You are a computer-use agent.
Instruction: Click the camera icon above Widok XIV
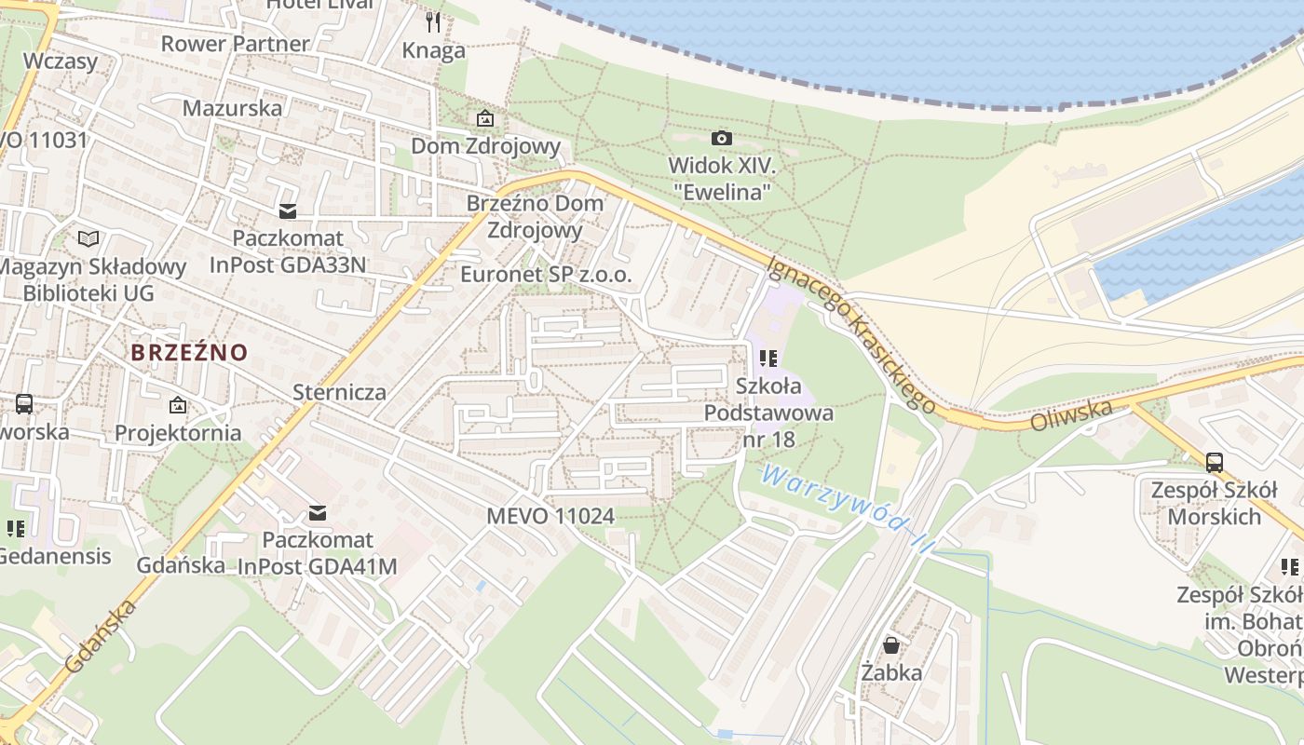click(721, 139)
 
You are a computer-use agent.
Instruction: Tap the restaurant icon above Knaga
click(433, 21)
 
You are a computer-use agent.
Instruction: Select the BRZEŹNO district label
click(189, 353)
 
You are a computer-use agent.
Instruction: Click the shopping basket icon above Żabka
click(891, 644)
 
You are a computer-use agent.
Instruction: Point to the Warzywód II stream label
click(846, 510)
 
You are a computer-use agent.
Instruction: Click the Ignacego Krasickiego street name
click(849, 333)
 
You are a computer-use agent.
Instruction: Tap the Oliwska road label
click(1071, 415)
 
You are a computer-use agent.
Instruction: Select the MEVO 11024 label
click(550, 515)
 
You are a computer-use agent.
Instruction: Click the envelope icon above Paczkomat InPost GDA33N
click(288, 211)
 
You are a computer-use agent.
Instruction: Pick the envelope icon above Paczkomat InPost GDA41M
click(318, 512)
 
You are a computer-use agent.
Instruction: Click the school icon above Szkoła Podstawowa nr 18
click(768, 359)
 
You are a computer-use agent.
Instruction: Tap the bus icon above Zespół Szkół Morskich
click(1214, 462)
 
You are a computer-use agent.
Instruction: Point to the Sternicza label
click(339, 392)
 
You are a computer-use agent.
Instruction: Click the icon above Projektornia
click(178, 405)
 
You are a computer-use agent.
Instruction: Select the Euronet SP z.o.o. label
click(546, 275)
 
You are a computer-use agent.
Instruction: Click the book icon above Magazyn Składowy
click(88, 239)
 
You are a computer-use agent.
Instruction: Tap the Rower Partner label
click(235, 44)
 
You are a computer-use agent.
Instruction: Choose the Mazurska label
click(232, 107)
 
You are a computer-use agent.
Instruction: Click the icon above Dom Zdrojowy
click(484, 118)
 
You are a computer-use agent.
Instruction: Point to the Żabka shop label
click(891, 672)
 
